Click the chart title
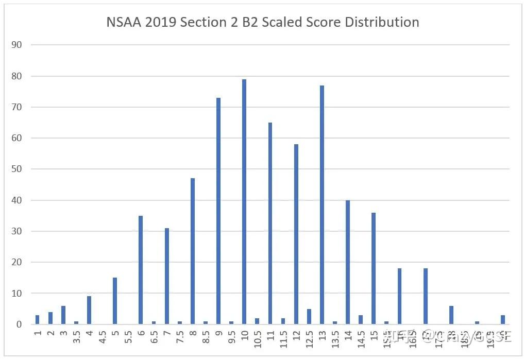point(262,23)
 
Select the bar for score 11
point(270,224)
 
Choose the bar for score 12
point(296,234)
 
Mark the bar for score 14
point(348,262)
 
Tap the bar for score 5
point(115,301)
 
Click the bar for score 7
point(167,276)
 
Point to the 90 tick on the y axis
point(17,45)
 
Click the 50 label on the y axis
point(17,169)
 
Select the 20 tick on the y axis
point(17,262)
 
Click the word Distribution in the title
point(382,23)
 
